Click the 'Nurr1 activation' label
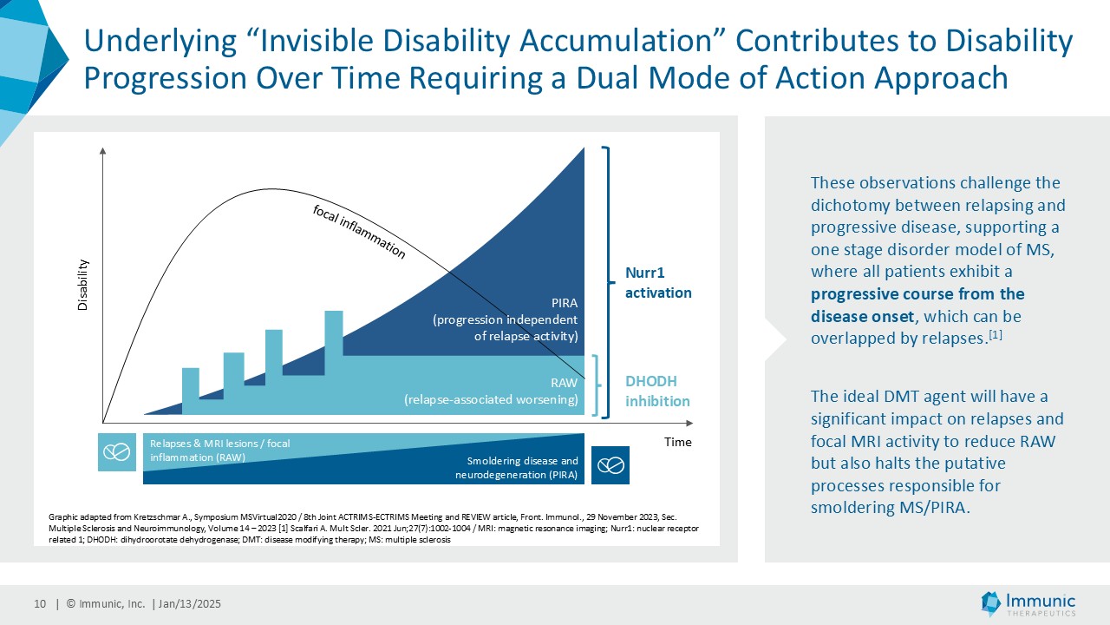pyautogui.click(x=658, y=283)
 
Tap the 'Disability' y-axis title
pyautogui.click(x=84, y=285)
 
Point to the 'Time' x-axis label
pyautogui.click(x=678, y=442)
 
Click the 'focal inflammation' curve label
pyautogui.click(x=358, y=233)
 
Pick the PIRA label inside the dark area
pyautogui.click(x=505, y=319)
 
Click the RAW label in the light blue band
pyautogui.click(x=491, y=391)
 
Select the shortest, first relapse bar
pyautogui.click(x=190, y=386)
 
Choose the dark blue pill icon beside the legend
pyautogui.click(x=610, y=465)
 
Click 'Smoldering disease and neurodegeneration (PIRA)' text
pyautogui.click(x=516, y=467)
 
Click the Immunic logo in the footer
pyautogui.click(x=1028, y=603)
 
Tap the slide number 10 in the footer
pyautogui.click(x=40, y=604)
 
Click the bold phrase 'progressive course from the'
pyautogui.click(x=917, y=293)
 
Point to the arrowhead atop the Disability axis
pyautogui.click(x=103, y=150)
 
